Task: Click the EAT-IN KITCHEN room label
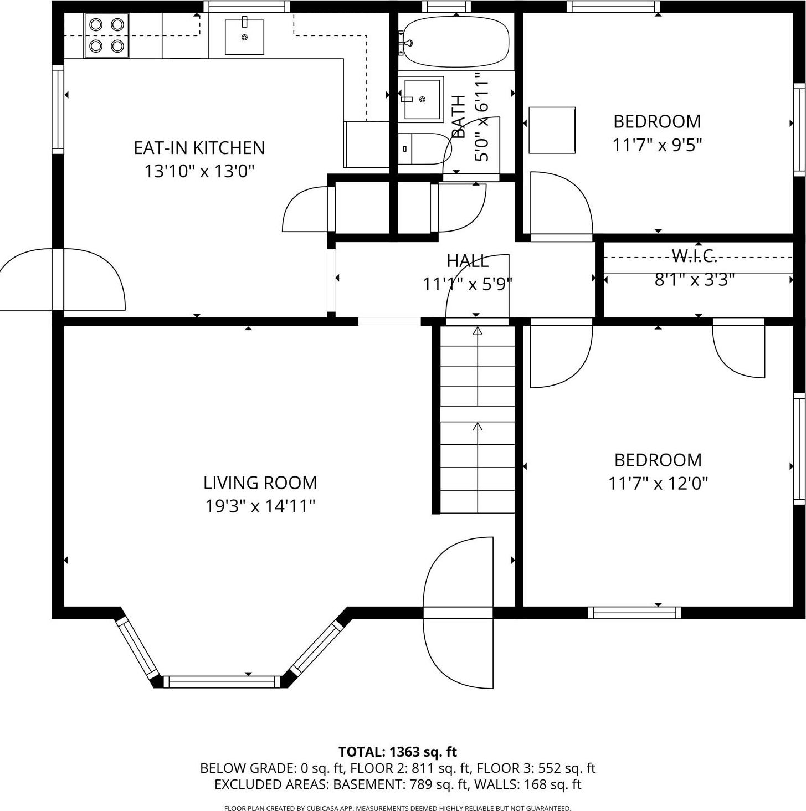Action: coord(199,148)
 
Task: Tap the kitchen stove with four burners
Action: coord(106,35)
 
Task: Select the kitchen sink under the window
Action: coord(244,37)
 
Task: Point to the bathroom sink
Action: coord(422,99)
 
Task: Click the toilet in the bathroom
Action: coord(423,148)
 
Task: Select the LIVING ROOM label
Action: coord(260,483)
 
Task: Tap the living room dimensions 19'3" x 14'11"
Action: coord(260,506)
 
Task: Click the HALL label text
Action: coord(468,260)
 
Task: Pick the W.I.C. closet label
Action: coord(695,255)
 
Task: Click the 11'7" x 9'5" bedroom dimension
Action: coord(657,145)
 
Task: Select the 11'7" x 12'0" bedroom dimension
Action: coord(658,484)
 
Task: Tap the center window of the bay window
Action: coord(222,682)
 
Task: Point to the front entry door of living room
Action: coord(458,612)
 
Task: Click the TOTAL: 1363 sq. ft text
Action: coord(397,752)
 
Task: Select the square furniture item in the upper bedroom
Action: coord(552,130)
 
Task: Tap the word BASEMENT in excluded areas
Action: coord(371,784)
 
